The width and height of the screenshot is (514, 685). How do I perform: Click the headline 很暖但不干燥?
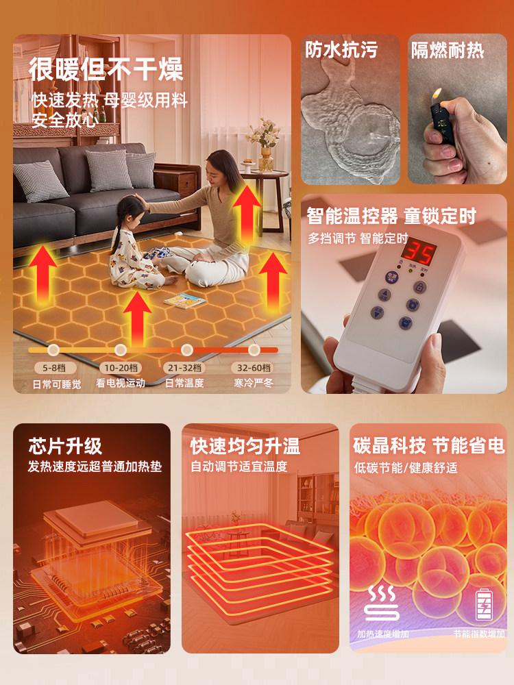click(106, 70)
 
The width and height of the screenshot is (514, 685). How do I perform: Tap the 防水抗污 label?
click(341, 50)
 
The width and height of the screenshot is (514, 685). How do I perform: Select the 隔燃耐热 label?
click(448, 50)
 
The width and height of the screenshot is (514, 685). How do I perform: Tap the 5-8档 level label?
click(52, 368)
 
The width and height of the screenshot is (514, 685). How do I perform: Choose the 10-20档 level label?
click(120, 368)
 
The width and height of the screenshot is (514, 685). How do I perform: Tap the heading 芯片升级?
click(65, 447)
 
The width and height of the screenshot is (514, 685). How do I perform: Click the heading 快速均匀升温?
click(245, 447)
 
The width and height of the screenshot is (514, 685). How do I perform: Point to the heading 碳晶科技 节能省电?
click(429, 447)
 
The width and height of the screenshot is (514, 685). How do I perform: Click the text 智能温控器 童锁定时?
click(391, 217)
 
